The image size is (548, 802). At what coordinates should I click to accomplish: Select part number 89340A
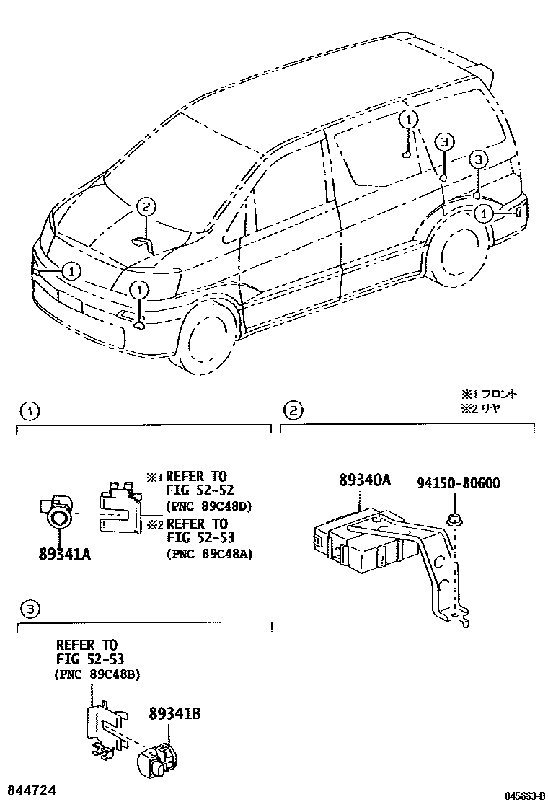[x=365, y=480]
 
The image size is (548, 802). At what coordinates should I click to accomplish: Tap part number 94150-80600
[x=459, y=483]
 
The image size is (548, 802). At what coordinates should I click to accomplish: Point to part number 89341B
[x=174, y=714]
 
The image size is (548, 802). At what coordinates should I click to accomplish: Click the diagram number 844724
[x=30, y=791]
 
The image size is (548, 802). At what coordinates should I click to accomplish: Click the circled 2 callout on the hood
[x=145, y=207]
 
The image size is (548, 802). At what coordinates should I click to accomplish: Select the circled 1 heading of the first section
[x=28, y=411]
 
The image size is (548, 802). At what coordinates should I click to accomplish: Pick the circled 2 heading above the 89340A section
[x=292, y=411]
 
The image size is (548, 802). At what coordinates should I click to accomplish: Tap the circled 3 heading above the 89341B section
[x=28, y=610]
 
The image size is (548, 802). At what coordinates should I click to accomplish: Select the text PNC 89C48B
[x=97, y=674]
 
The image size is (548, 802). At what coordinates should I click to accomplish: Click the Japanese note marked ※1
[x=490, y=395]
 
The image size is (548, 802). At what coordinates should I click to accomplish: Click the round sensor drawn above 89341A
[x=59, y=513]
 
